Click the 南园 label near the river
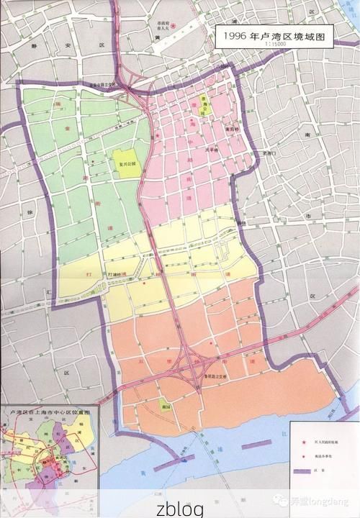[x=164, y=406]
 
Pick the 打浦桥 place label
[x=116, y=275]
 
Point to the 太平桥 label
[x=212, y=150]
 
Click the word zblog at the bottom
[x=179, y=508]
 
